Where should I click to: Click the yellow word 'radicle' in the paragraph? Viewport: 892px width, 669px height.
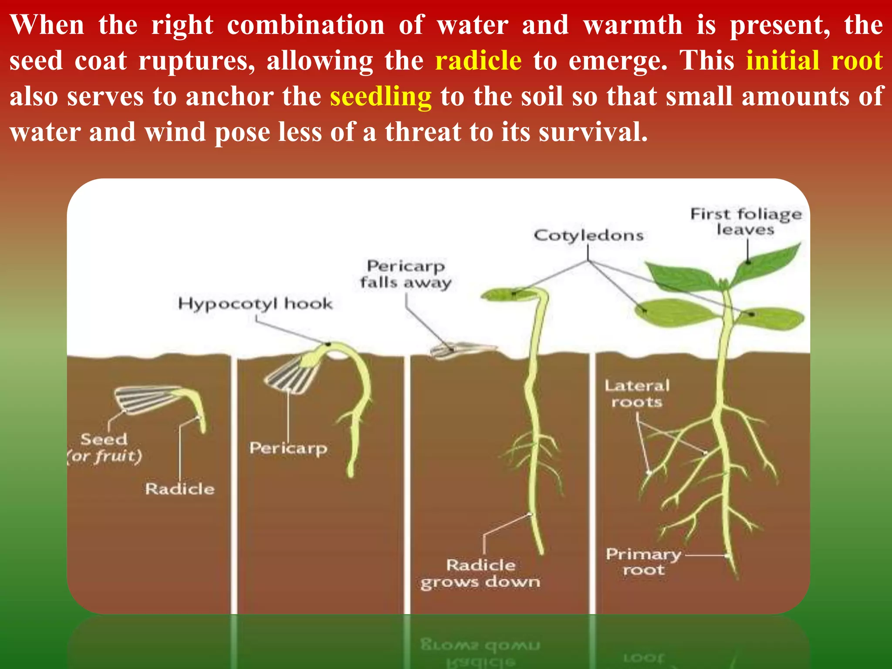(x=478, y=60)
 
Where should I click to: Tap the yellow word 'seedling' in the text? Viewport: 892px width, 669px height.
(x=381, y=96)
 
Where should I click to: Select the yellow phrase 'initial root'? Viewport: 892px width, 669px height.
(x=814, y=60)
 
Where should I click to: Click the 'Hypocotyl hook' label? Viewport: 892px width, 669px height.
(x=255, y=303)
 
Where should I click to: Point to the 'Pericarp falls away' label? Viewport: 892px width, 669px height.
(x=405, y=274)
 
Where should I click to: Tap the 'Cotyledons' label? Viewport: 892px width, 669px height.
(x=588, y=235)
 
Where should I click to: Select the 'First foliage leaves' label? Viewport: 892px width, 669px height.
(x=746, y=221)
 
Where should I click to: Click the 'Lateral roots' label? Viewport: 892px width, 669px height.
(x=637, y=393)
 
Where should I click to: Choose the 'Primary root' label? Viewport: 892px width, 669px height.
(x=643, y=561)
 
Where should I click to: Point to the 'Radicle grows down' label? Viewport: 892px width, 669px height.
(x=480, y=573)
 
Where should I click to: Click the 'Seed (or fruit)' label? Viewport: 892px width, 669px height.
(x=105, y=447)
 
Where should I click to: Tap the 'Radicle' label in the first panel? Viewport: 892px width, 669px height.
(x=180, y=489)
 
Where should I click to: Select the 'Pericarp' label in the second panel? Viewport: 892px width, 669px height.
(x=288, y=448)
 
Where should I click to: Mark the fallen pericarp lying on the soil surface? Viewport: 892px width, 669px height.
(x=462, y=349)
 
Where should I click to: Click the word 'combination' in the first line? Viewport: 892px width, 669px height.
(x=305, y=25)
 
